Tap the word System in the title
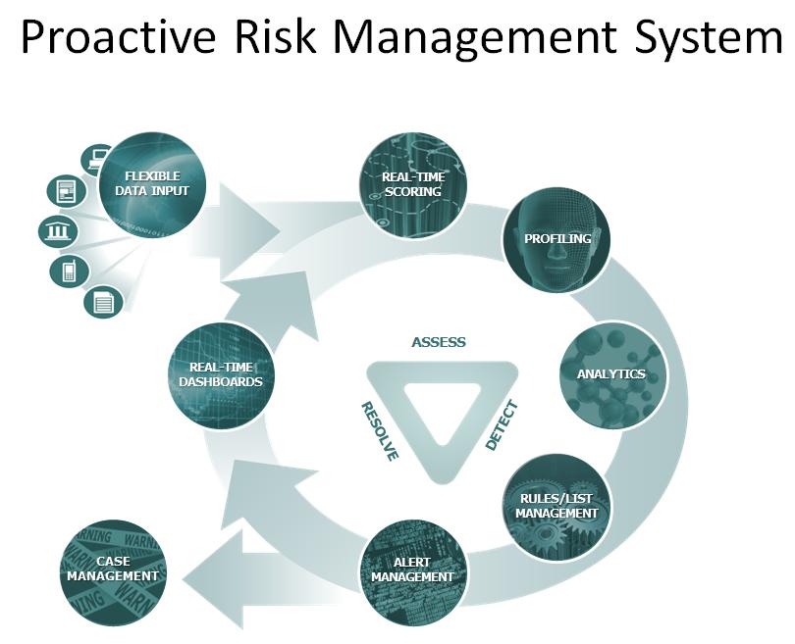pos(708,39)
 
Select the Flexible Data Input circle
pos(152,184)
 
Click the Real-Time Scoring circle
pos(413,185)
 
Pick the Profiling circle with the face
pos(556,239)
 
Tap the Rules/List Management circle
pos(556,507)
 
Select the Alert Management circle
pos(413,571)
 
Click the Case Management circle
pos(114,572)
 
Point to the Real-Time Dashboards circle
pos(221,375)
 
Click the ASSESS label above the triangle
pos(439,342)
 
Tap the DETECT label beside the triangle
pos(502,425)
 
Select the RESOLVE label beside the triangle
pos(379,431)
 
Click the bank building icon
pos(59,232)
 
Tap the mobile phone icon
pos(70,271)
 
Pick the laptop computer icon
pos(96,159)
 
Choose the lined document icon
pos(103,302)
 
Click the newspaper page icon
pos(67,191)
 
